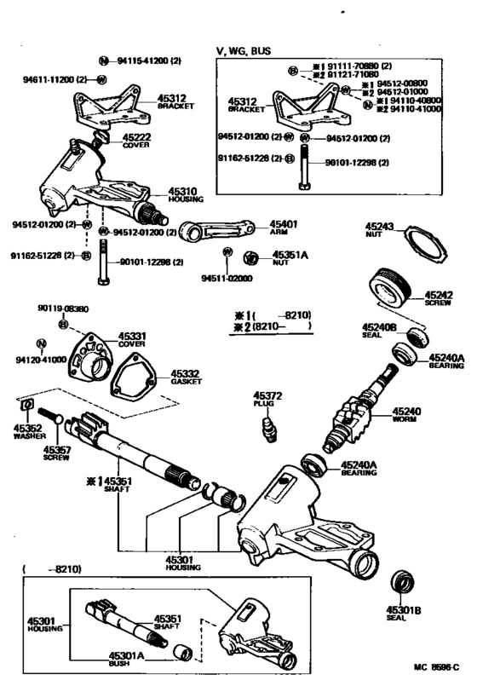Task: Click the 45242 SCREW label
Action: pyautogui.click(x=440, y=298)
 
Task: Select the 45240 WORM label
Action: pyautogui.click(x=406, y=415)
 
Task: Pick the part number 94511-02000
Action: pyautogui.click(x=227, y=277)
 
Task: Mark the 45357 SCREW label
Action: pyautogui.click(x=58, y=452)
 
